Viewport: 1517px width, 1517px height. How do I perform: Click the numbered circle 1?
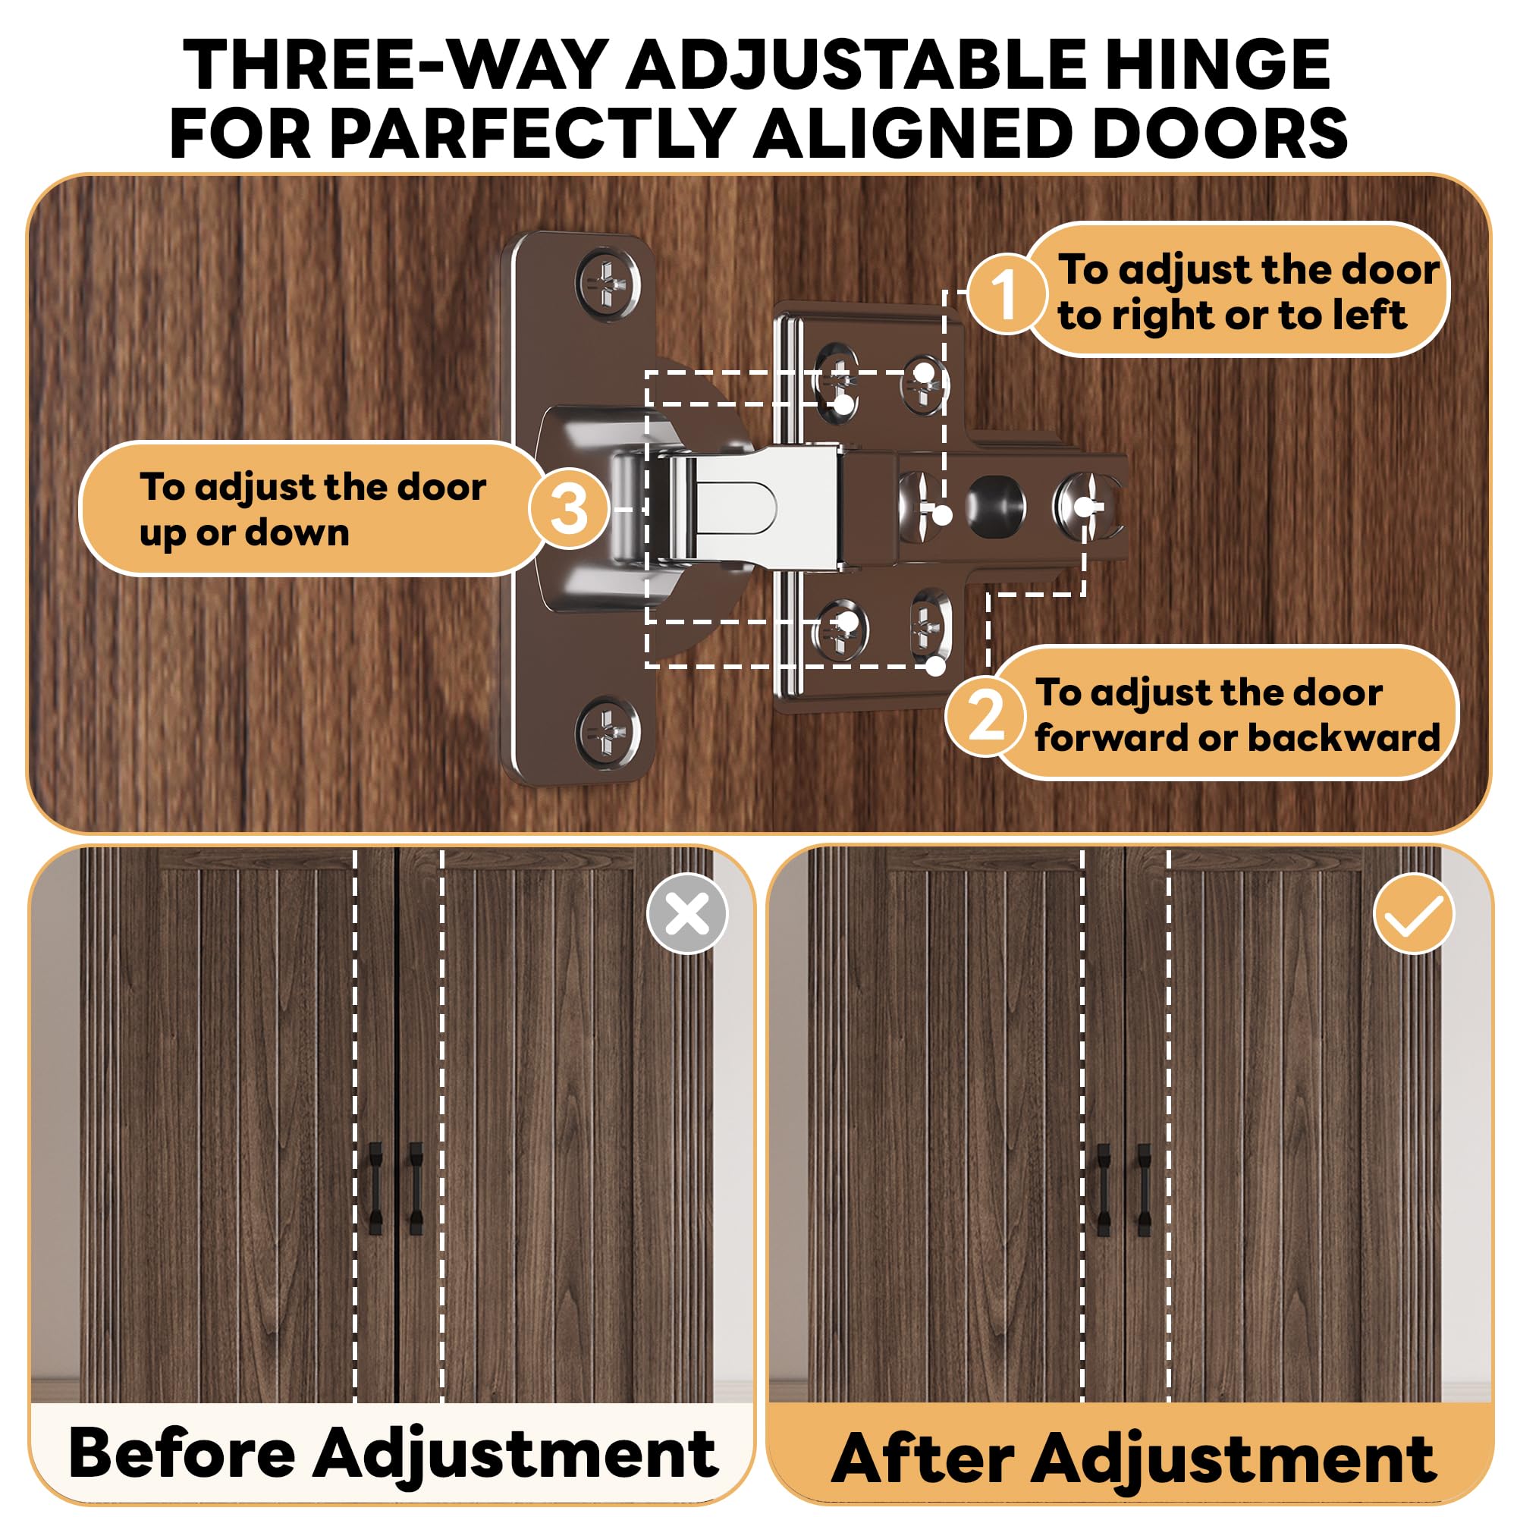click(x=1006, y=294)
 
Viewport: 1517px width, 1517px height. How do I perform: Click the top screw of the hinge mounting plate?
click(x=608, y=284)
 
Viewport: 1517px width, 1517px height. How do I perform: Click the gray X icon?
click(x=687, y=913)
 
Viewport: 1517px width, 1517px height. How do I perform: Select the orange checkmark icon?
click(x=1413, y=913)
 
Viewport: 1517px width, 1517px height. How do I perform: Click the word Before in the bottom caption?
click(x=182, y=1453)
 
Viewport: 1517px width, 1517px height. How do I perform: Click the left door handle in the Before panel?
click(x=375, y=1188)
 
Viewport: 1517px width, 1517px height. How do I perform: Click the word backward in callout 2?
click(x=1343, y=737)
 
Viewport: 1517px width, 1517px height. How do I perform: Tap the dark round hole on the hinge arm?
click(x=996, y=504)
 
